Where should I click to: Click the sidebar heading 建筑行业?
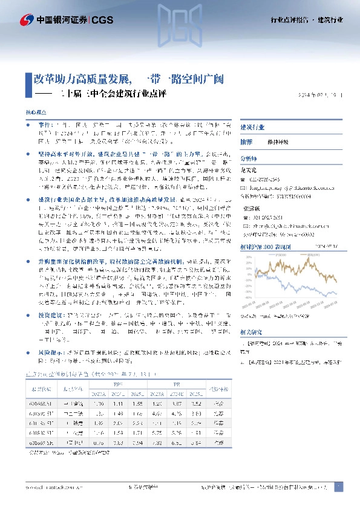(252, 128)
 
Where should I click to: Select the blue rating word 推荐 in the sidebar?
(246, 141)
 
